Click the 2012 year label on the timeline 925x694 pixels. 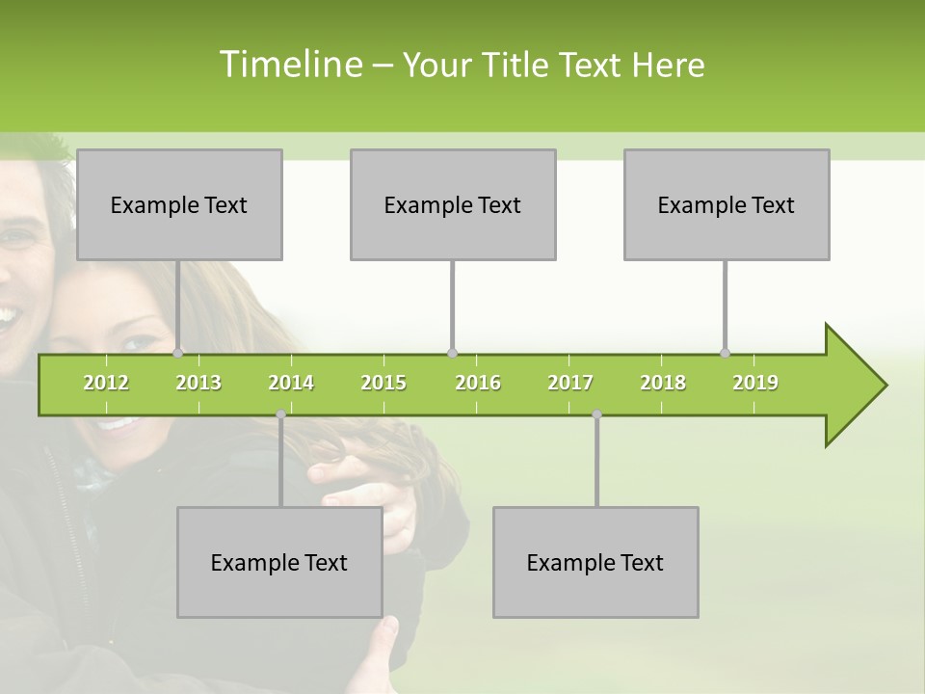[106, 383]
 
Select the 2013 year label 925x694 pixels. [198, 383]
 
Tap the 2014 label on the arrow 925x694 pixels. [291, 383]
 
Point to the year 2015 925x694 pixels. [383, 383]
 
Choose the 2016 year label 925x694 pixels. [478, 383]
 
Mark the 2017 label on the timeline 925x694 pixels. [570, 383]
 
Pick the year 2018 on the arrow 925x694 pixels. [663, 383]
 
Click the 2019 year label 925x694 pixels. [755, 383]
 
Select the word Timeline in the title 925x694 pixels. [288, 65]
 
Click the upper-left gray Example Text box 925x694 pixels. [179, 204]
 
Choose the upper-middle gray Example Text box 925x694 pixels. [453, 204]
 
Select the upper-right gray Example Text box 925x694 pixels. [727, 204]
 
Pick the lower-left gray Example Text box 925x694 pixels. [279, 562]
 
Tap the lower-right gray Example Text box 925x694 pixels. [595, 562]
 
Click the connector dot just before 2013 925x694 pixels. [178, 353]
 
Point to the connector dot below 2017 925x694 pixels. [596, 414]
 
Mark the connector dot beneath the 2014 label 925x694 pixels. [280, 414]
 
